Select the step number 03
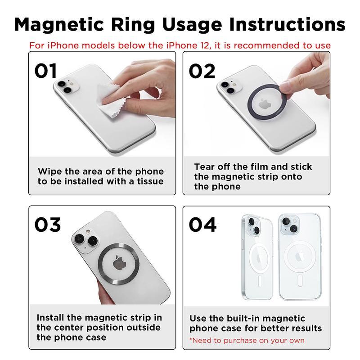click(x=48, y=225)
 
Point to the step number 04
click(x=202, y=225)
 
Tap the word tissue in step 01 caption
click(x=148, y=181)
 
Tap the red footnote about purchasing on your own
click(x=247, y=340)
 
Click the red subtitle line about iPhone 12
click(x=180, y=45)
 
